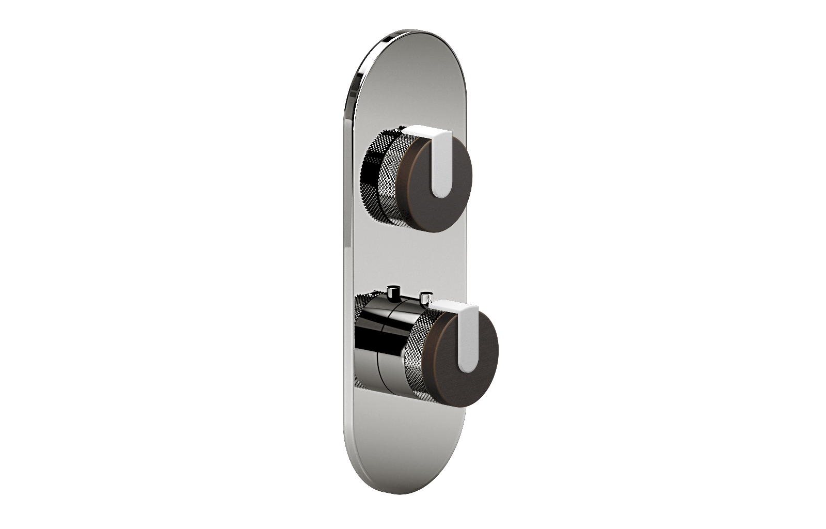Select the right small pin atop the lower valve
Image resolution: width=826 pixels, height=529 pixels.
[x=425, y=298]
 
